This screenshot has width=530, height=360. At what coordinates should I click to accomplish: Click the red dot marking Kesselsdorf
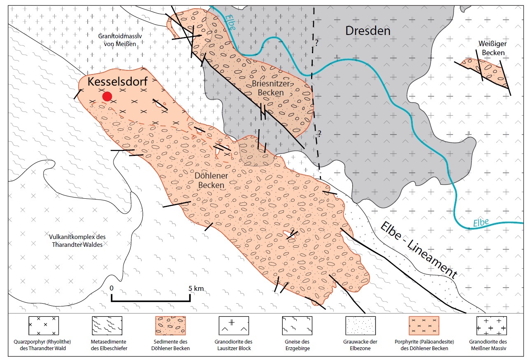[x=107, y=96]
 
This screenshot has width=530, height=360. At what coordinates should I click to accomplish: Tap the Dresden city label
[x=367, y=31]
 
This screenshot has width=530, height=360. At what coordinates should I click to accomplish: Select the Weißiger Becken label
[x=491, y=48]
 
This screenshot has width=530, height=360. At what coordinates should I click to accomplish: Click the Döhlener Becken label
[x=211, y=181]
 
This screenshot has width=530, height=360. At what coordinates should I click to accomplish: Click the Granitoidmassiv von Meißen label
[x=117, y=40]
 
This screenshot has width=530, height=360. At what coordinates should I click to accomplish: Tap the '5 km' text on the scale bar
[x=197, y=288]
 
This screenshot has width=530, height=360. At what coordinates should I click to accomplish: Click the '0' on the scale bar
[x=112, y=288]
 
